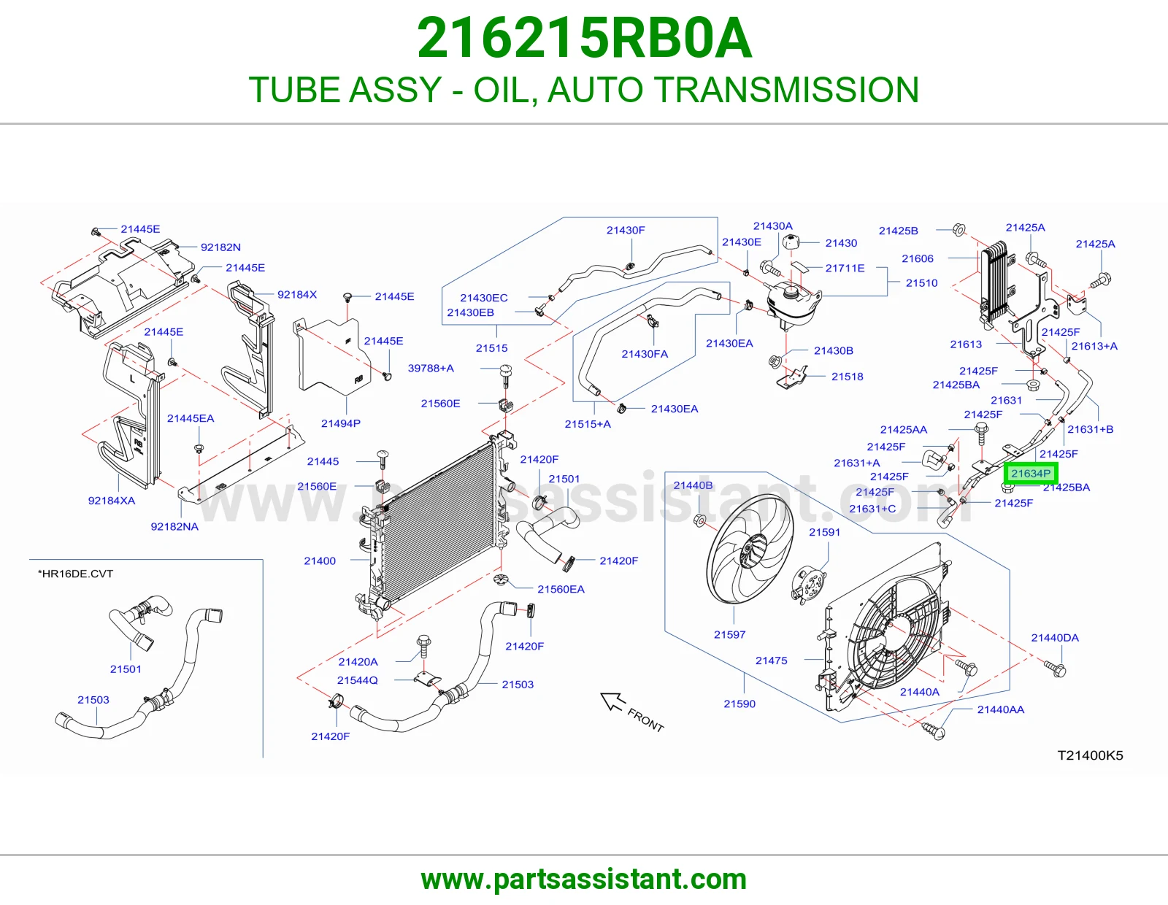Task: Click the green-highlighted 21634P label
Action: click(1031, 474)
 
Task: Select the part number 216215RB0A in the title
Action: click(584, 38)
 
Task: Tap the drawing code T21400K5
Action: click(1090, 755)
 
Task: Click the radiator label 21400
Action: click(320, 561)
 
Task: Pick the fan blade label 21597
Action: click(729, 634)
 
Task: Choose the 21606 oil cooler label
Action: click(918, 258)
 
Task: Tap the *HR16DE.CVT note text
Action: click(75, 574)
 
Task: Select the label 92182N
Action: click(220, 247)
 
